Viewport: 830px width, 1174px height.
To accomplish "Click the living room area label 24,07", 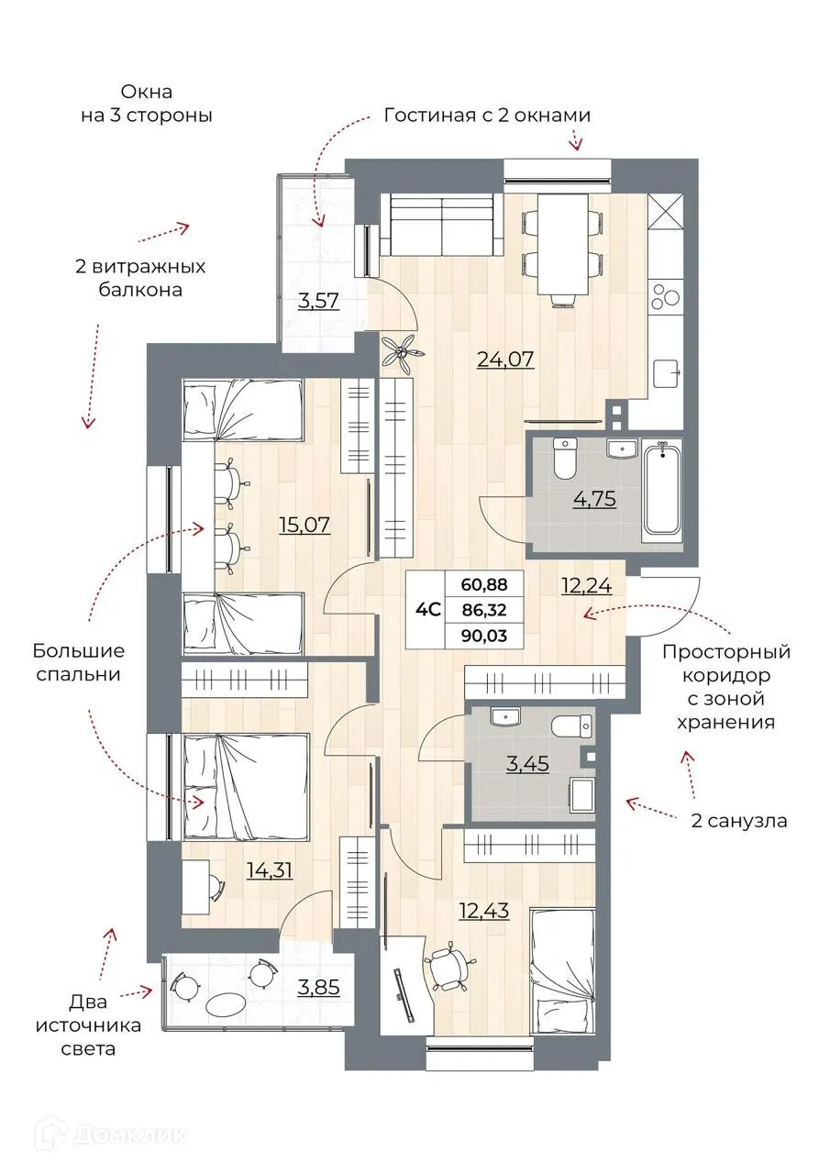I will click(504, 359).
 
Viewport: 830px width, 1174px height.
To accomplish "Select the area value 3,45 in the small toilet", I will click(527, 762).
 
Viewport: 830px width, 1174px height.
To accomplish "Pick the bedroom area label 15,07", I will click(304, 525).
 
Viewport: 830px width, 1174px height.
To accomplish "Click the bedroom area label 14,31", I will click(270, 868).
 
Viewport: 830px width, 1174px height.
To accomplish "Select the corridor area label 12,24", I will click(587, 584).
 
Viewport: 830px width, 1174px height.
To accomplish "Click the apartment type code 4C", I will click(428, 608).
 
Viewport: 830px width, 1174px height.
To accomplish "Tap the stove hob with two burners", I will click(665, 297).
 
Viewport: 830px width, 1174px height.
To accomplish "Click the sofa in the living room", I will click(443, 227).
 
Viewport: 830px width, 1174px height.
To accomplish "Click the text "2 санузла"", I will click(738, 821).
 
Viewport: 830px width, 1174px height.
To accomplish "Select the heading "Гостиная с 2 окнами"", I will click(486, 116).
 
